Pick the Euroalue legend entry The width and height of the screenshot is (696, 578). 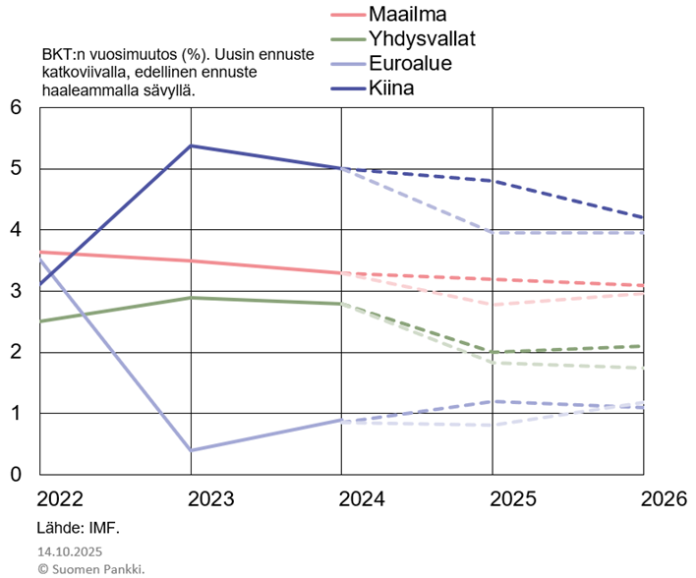[x=412, y=64]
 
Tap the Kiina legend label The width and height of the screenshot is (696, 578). [x=392, y=88]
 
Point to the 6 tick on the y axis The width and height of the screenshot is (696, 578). [x=16, y=108]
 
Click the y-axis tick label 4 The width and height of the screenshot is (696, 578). [x=16, y=231]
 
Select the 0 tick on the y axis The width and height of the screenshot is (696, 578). [x=16, y=475]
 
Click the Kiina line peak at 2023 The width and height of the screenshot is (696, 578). [x=190, y=145]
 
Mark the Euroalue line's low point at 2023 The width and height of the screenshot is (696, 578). [x=190, y=450]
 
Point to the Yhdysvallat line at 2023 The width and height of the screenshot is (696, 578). [x=190, y=297]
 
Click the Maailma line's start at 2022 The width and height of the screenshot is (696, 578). [x=39, y=253]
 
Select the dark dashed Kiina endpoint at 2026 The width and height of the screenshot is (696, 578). [x=644, y=217]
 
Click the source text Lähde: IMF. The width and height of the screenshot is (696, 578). [x=79, y=528]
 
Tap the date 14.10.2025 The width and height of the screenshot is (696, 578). [x=70, y=551]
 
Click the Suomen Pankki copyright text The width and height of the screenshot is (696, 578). [x=90, y=568]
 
